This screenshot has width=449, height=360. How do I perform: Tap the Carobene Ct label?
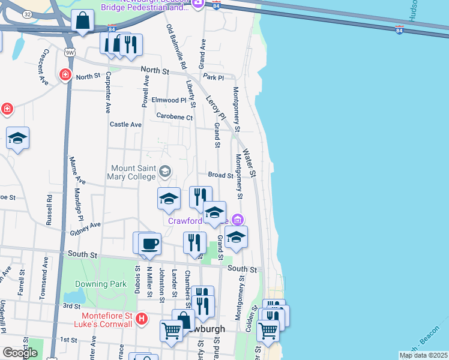coord(174,116)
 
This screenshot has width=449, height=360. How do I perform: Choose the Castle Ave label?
coord(125,124)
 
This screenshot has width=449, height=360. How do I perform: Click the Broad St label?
coord(220,175)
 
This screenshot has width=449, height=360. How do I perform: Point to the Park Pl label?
coord(213,77)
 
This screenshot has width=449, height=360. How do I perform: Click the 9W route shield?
coord(70,52)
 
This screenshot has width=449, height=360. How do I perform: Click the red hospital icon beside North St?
coord(65,76)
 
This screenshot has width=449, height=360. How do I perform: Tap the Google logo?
coord(20,353)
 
